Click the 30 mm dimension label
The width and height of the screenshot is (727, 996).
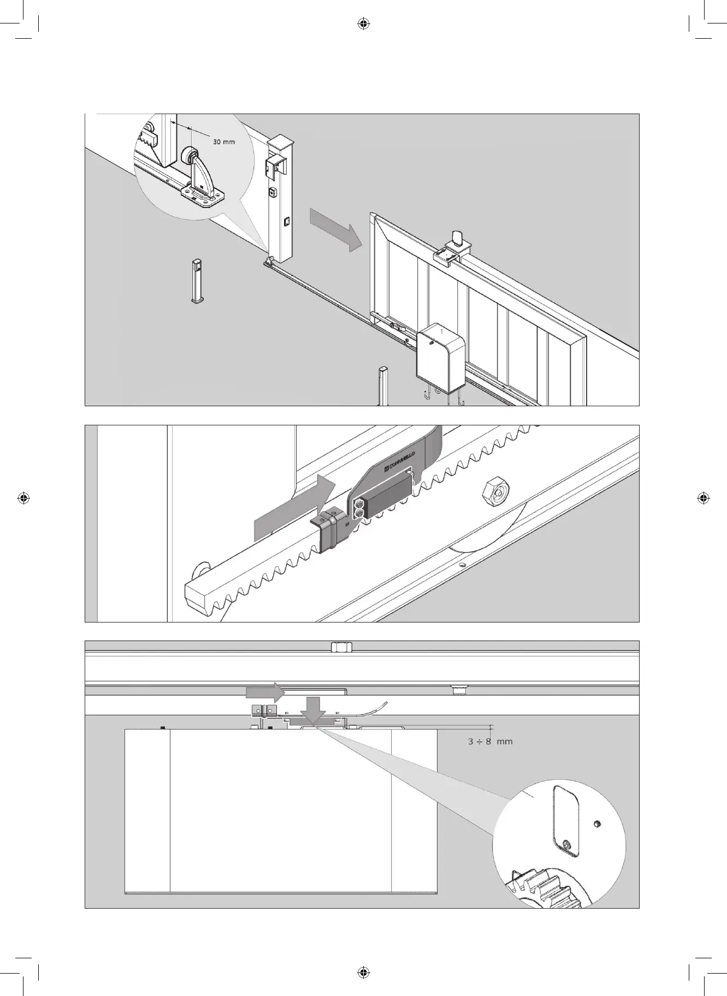[223, 142]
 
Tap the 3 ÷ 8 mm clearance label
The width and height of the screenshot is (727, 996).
[490, 742]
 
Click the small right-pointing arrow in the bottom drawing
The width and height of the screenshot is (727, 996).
[265, 693]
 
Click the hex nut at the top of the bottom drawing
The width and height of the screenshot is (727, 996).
[341, 647]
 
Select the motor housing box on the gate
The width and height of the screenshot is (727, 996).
[440, 358]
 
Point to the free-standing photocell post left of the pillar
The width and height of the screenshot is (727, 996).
[196, 281]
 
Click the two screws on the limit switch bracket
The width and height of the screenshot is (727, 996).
[359, 509]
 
